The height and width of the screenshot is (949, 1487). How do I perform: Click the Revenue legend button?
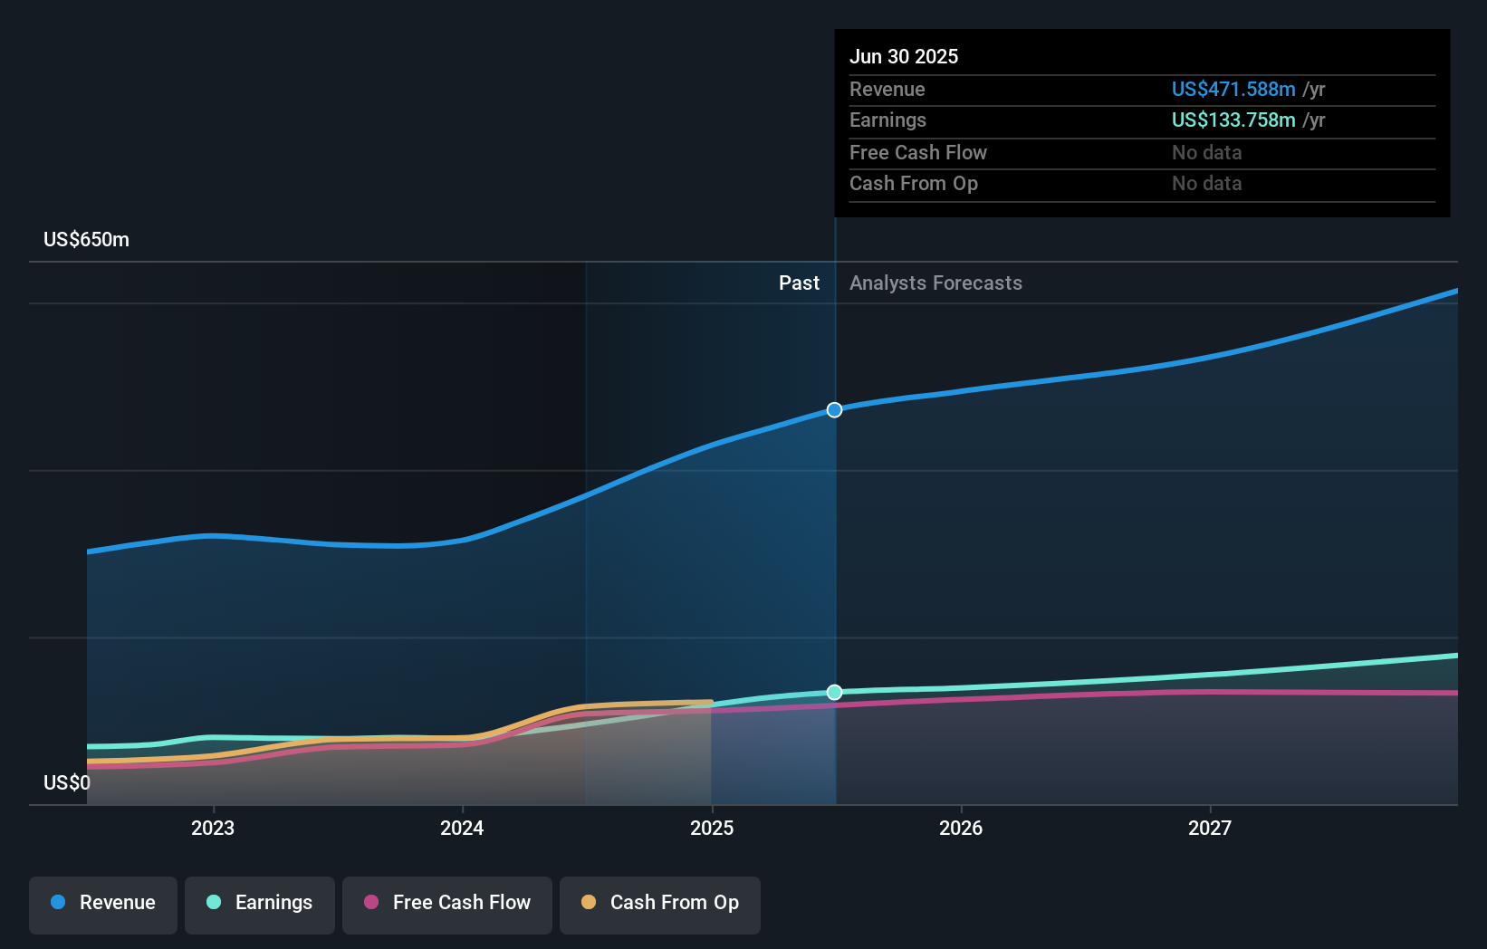(103, 903)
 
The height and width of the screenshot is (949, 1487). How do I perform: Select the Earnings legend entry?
(260, 903)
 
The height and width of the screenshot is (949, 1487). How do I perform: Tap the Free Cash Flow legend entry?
(447, 903)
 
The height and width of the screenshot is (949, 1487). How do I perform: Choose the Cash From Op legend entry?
(660, 903)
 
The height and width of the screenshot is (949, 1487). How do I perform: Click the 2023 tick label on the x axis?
(213, 828)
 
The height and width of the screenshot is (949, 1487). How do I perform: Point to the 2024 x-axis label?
(462, 828)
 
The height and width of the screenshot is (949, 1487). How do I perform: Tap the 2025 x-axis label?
(712, 828)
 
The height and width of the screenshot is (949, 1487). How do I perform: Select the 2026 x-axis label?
(961, 828)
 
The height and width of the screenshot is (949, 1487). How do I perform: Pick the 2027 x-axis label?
(1210, 828)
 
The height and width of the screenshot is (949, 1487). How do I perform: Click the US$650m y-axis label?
(86, 240)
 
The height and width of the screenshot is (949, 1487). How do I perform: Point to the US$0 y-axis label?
(66, 782)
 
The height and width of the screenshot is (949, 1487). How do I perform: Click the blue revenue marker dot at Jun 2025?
(834, 410)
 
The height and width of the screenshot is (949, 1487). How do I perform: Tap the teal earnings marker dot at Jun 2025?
(834, 693)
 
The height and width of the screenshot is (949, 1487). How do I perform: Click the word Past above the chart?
(799, 283)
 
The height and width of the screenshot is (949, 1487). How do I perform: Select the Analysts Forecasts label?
(935, 283)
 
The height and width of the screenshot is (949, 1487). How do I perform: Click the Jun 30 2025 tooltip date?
(903, 56)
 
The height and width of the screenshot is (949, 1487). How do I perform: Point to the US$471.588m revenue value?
(1233, 89)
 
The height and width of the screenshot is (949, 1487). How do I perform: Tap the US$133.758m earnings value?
(1233, 120)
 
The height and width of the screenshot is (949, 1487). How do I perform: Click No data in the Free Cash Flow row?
(1206, 152)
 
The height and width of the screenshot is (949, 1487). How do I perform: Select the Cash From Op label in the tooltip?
(913, 183)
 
